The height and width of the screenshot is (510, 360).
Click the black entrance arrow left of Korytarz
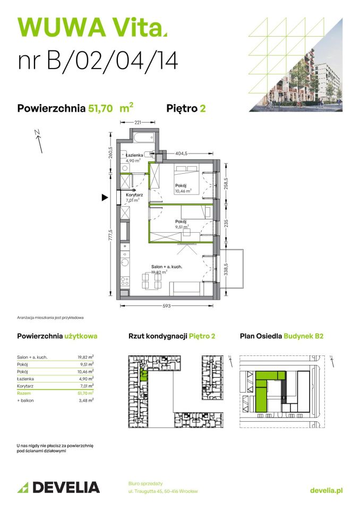click(x=105, y=198)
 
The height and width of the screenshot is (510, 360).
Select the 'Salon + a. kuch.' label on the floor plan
click(x=167, y=267)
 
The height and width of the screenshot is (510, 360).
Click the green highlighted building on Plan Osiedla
click(x=265, y=390)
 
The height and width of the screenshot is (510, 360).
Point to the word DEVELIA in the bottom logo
click(x=65, y=487)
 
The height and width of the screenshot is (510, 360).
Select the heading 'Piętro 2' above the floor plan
click(x=186, y=108)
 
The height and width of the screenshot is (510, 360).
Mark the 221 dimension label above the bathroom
click(x=137, y=123)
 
